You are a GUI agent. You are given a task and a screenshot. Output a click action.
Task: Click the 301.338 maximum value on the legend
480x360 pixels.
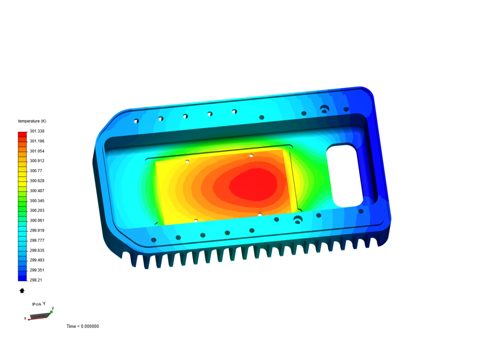pyautogui.click(x=37, y=131)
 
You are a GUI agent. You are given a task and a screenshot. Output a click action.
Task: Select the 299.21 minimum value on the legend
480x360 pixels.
pyautogui.click(x=36, y=280)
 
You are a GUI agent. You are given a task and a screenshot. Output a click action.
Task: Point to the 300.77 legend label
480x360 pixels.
pyautogui.click(x=36, y=171)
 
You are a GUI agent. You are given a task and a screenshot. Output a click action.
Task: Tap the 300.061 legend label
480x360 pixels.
pyautogui.click(x=37, y=220)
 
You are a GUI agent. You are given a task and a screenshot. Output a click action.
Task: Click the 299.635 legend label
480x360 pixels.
pyautogui.click(x=37, y=250)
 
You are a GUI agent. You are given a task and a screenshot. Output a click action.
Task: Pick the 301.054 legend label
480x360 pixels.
pyautogui.click(x=37, y=151)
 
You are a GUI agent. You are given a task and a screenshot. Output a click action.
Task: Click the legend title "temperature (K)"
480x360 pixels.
pyautogui.click(x=32, y=121)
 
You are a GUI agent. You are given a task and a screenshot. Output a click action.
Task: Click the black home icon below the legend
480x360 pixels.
pyautogui.click(x=22, y=291)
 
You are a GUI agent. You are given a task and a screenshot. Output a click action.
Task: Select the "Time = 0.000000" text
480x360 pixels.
pyautogui.click(x=83, y=326)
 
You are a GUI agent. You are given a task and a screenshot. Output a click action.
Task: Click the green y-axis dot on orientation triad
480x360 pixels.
pyautogui.click(x=52, y=312)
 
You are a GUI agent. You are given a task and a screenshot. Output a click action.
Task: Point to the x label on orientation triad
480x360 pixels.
pyautogui.click(x=25, y=318)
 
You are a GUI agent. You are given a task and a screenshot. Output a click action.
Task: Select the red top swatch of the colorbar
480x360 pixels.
pyautogui.click(x=22, y=134)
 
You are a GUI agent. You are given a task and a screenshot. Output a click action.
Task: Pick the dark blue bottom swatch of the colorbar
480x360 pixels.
pyautogui.click(x=22, y=278)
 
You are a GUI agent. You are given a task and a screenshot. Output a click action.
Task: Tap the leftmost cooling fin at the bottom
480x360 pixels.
pyautogui.click(x=127, y=260)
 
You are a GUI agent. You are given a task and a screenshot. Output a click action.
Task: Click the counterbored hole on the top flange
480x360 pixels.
pyautogui.click(x=324, y=109)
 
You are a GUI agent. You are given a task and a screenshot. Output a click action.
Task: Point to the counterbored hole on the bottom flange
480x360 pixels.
pyautogui.click(x=298, y=219)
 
